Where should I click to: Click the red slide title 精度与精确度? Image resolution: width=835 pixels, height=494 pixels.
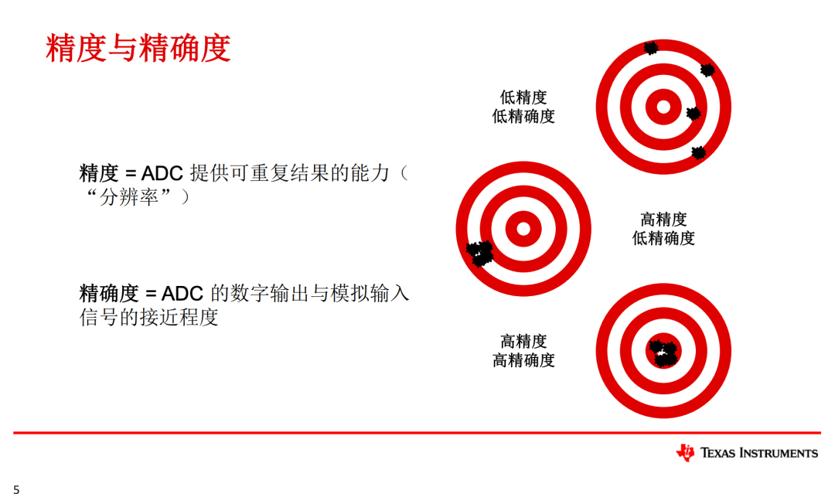pyautogui.click(x=138, y=48)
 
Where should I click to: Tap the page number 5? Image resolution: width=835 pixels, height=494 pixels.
pyautogui.click(x=15, y=488)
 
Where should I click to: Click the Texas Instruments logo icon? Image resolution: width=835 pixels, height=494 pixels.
pyautogui.click(x=685, y=453)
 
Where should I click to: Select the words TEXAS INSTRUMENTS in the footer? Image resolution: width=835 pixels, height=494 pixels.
pyautogui.click(x=759, y=453)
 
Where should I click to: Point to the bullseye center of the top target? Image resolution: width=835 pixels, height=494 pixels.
pyautogui.click(x=663, y=107)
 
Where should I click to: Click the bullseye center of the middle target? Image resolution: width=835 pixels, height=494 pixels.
pyautogui.click(x=523, y=228)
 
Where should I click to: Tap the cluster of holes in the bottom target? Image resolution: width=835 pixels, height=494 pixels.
pyautogui.click(x=663, y=353)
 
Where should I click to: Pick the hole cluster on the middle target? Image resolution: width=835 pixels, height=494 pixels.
pyautogui.click(x=480, y=253)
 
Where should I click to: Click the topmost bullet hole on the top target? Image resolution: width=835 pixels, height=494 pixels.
pyautogui.click(x=651, y=48)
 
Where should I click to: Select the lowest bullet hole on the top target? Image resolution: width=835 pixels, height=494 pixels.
pyautogui.click(x=699, y=152)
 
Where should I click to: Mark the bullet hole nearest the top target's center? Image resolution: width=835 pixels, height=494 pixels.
pyautogui.click(x=693, y=114)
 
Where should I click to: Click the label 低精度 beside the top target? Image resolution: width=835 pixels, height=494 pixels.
pyautogui.click(x=523, y=97)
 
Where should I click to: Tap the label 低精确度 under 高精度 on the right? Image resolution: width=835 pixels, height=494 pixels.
pyautogui.click(x=663, y=238)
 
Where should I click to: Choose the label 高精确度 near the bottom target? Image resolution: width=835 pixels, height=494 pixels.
pyautogui.click(x=523, y=360)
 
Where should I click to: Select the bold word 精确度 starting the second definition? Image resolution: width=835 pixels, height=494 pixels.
pyautogui.click(x=108, y=294)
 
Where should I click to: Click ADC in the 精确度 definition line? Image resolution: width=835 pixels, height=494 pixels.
pyautogui.click(x=183, y=294)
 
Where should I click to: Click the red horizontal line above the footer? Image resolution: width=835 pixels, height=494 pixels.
pyautogui.click(x=417, y=433)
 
